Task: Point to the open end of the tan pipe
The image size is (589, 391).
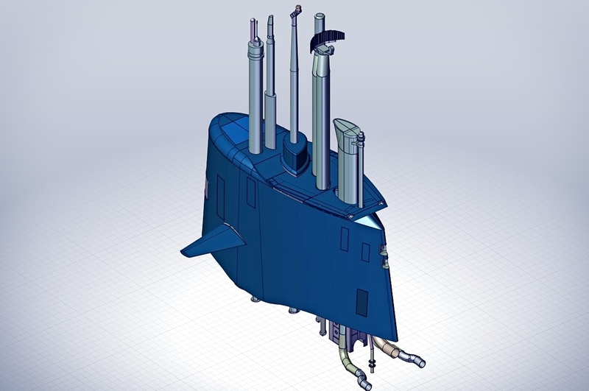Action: pyautogui.click(x=420, y=361)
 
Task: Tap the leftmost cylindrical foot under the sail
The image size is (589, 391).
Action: pyautogui.click(x=255, y=298)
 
